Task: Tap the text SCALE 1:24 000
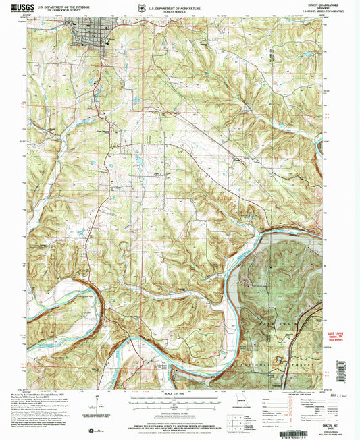click(179, 394)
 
